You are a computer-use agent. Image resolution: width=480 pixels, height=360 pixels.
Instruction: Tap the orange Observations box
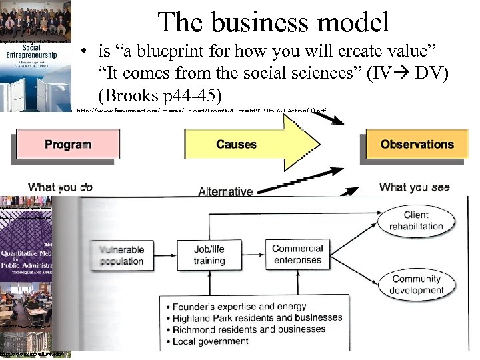click(417, 144)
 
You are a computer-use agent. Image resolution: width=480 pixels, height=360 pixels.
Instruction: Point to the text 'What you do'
click(60, 187)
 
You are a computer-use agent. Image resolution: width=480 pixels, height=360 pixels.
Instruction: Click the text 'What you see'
click(414, 187)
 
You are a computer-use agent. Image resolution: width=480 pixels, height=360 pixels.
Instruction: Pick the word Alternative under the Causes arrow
click(225, 192)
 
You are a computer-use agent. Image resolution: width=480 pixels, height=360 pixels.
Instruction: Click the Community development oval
click(417, 285)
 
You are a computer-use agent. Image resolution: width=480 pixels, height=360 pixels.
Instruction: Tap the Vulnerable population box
click(121, 255)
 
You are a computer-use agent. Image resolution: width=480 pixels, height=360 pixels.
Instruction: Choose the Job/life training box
click(209, 255)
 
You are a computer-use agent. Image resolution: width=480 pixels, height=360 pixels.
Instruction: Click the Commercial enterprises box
click(297, 254)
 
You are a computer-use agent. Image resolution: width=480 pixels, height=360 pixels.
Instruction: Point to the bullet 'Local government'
click(210, 341)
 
